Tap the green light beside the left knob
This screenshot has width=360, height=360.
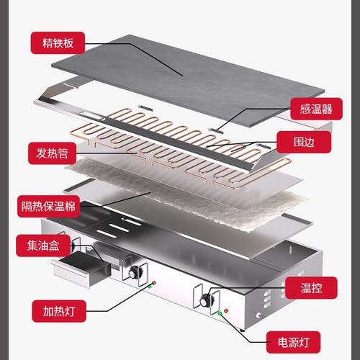[150, 286]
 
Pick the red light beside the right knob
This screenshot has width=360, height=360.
[227, 310]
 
